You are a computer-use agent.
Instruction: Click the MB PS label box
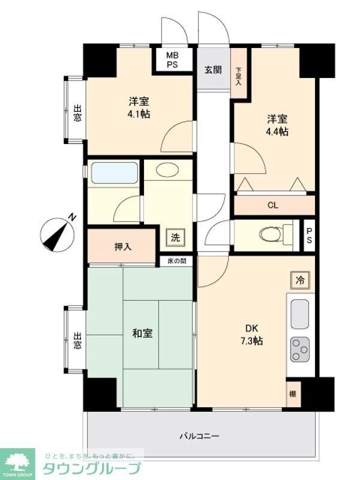pos(172,59)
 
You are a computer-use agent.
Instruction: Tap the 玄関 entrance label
pos(212,70)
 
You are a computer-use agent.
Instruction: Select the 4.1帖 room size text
pos(139,113)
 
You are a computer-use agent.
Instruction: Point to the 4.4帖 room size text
pos(278,131)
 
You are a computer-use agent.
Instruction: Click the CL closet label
pos(273,205)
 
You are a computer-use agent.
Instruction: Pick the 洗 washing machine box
pos(175,237)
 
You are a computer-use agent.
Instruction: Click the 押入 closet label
pos(123,247)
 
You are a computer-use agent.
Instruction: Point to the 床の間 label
pos(176,261)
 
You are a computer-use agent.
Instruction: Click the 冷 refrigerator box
pos(300,279)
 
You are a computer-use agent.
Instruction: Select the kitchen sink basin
pos(299,314)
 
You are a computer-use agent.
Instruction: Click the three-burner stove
pos(299,349)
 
